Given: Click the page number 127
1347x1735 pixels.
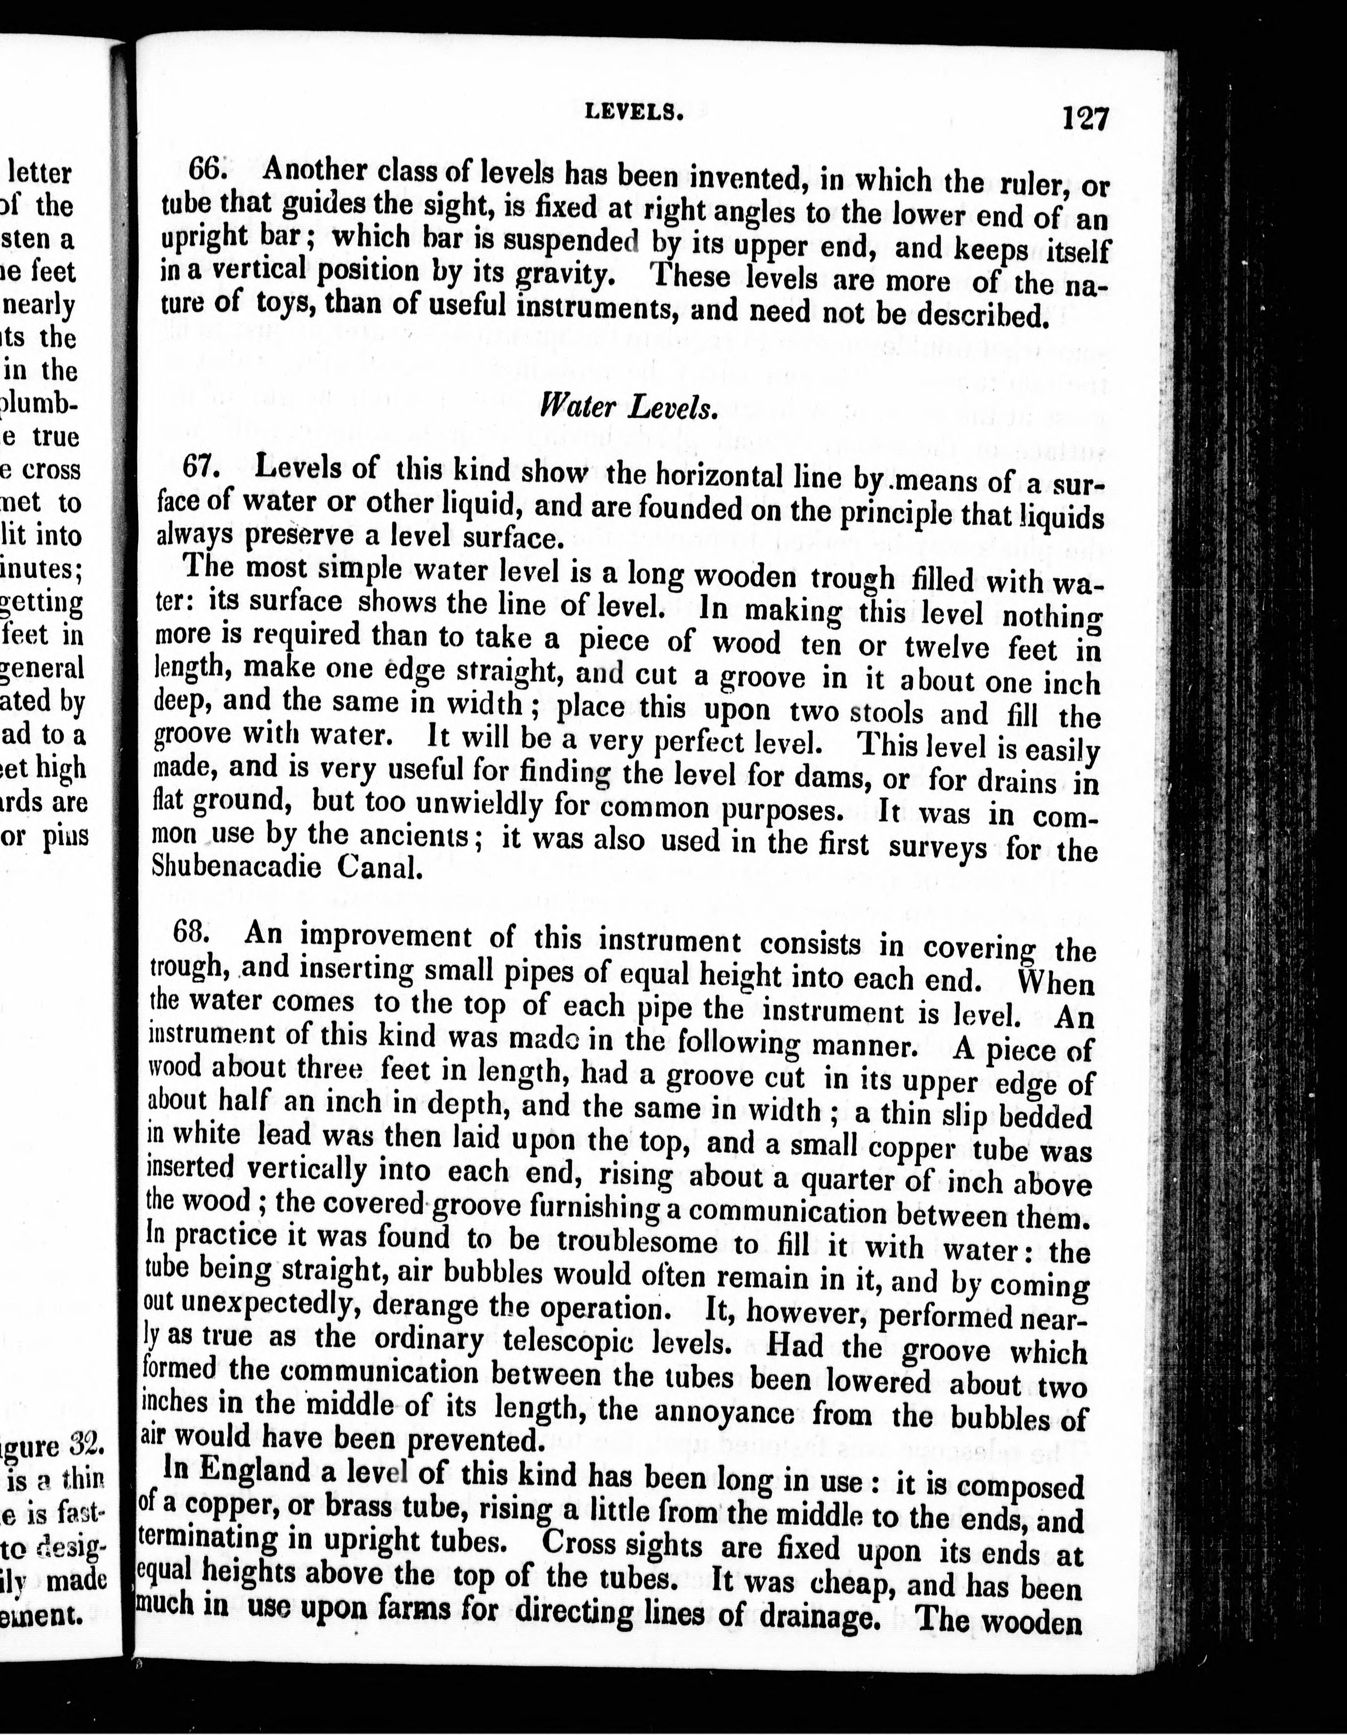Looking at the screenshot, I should (1085, 119).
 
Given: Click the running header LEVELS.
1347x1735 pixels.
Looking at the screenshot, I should (634, 113).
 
